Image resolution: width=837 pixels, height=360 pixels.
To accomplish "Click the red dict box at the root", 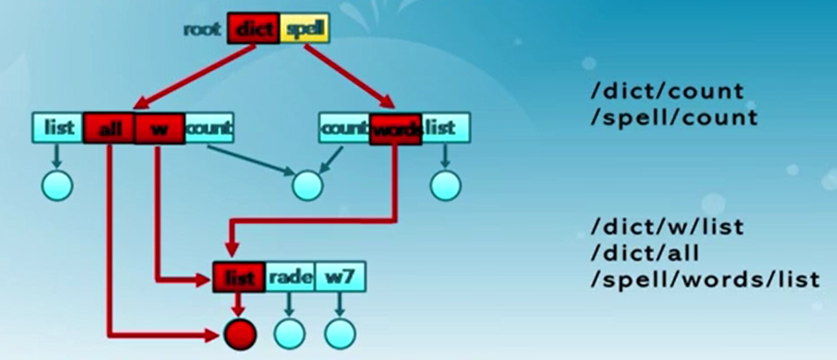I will (x=254, y=28).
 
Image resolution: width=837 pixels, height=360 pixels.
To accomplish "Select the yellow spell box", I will (x=305, y=28).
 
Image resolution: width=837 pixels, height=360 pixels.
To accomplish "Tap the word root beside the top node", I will (x=202, y=29).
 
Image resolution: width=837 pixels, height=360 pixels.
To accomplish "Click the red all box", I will (x=109, y=128).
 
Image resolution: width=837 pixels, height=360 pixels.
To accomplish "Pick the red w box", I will (x=159, y=128).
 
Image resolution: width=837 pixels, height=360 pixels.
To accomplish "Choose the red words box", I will (x=395, y=128).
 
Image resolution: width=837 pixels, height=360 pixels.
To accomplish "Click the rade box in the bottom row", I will (x=291, y=277).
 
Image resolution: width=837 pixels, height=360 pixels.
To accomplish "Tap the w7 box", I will (x=340, y=277).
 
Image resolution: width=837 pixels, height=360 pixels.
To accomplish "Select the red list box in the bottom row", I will (x=239, y=277).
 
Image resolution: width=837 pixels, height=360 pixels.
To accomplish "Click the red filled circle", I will (x=240, y=334).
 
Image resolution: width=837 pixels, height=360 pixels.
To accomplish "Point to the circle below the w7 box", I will (x=340, y=334).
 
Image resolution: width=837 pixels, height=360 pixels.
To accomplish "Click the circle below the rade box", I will (x=289, y=334).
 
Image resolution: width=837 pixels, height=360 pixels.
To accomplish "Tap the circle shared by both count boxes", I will (x=307, y=186).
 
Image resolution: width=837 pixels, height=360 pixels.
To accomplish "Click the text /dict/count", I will (x=666, y=91).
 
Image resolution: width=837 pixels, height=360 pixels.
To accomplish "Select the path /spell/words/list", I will (x=704, y=279).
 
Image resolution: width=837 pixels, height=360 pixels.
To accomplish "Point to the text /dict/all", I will (x=645, y=253).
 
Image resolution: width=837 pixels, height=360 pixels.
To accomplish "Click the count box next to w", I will (x=209, y=128).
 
